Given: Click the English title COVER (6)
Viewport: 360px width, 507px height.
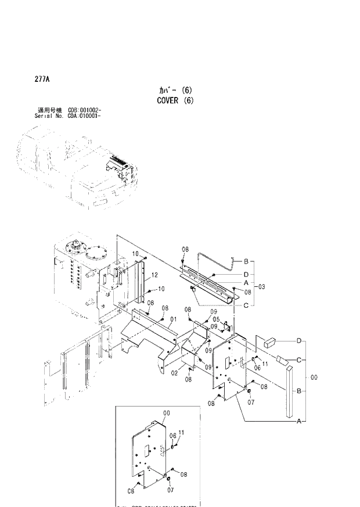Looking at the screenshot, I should (174, 100).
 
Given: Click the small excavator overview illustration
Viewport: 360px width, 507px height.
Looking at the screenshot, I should (81, 172).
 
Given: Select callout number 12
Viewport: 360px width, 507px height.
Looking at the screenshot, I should (155, 275).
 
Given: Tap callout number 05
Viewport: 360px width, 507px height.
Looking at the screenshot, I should (215, 319).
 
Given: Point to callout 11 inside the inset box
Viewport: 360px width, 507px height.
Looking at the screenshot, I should (181, 433).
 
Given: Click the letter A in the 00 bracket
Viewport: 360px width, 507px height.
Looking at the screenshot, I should (299, 420).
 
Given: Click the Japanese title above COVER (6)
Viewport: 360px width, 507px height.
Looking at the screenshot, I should (174, 91).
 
